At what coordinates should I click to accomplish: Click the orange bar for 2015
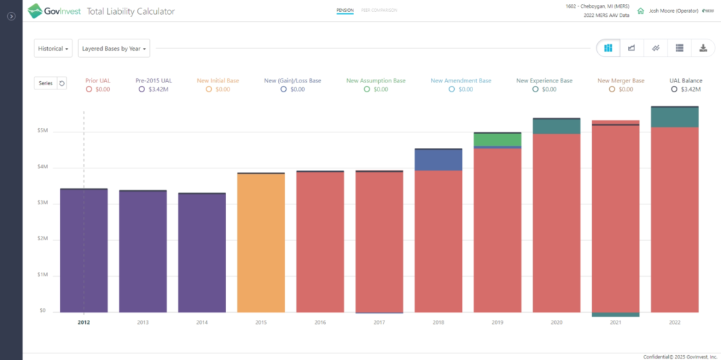click(261, 243)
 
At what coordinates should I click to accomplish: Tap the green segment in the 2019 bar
click(497, 139)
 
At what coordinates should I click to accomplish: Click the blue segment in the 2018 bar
click(438, 160)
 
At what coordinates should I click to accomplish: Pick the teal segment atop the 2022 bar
click(675, 117)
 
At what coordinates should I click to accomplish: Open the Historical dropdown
click(54, 49)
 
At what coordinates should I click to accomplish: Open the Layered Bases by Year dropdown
click(113, 49)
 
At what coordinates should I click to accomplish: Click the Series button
click(45, 83)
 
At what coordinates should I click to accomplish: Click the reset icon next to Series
click(62, 83)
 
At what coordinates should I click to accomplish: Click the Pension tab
click(344, 11)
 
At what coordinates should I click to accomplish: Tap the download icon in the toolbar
click(703, 48)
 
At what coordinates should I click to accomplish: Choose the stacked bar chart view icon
click(608, 48)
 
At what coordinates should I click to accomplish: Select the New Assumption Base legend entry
click(375, 81)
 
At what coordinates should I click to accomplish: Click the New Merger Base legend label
click(620, 81)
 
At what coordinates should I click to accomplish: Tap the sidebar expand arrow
click(11, 16)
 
